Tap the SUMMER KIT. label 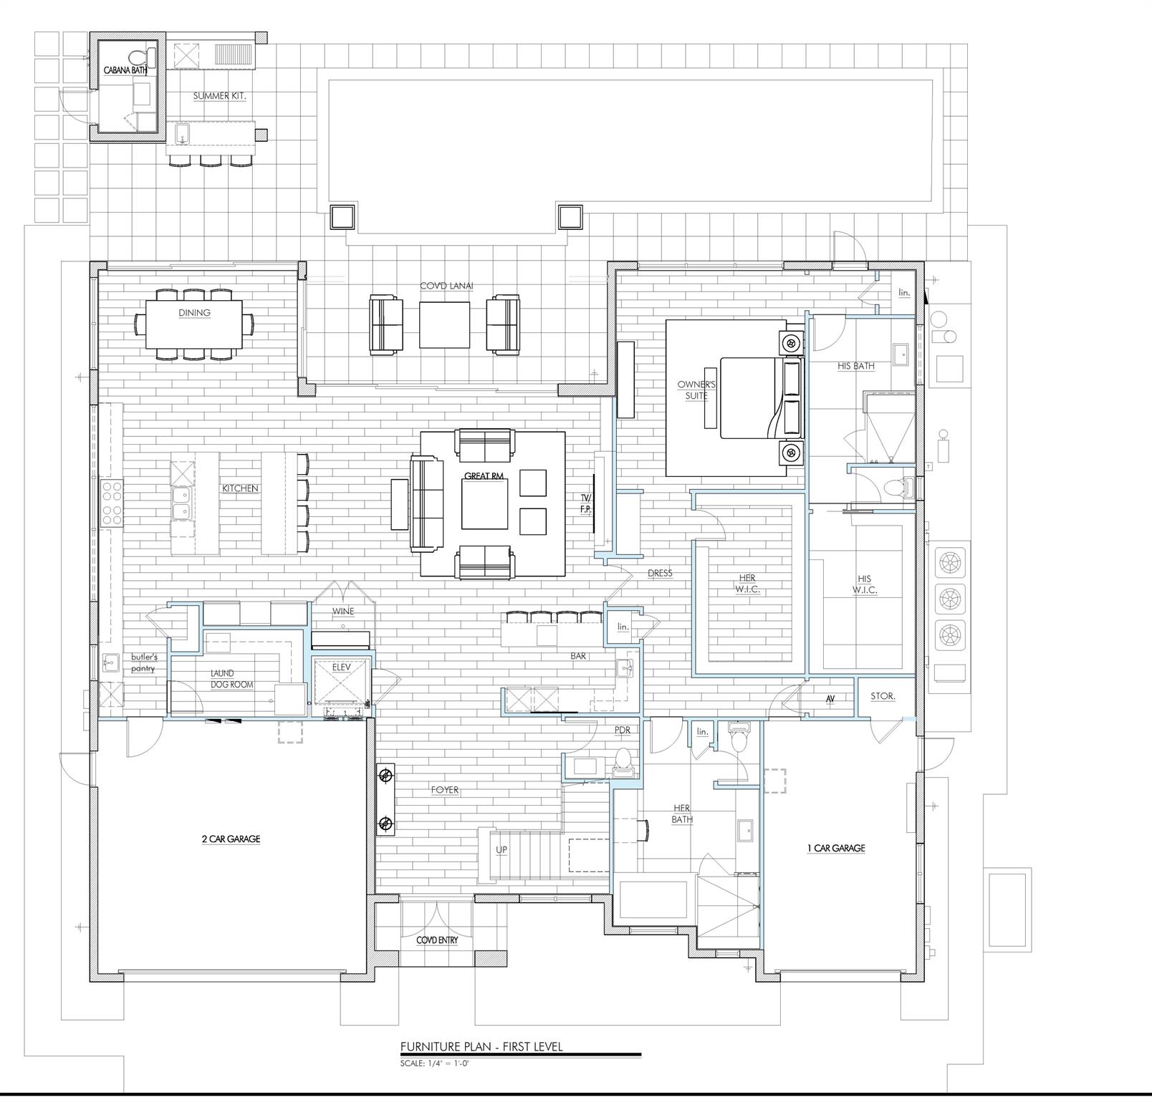coord(219,95)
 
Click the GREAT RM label coord(484,476)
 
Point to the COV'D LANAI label coord(446,286)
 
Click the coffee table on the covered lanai coord(444,324)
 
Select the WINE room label coord(342,612)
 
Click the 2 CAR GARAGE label coord(231,839)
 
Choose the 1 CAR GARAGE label coord(836,848)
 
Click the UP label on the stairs coord(501,849)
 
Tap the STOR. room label coord(882,696)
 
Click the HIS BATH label coord(856,366)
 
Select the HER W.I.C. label coord(747,583)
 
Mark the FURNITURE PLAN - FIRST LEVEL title coord(481,1047)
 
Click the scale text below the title coord(435,1063)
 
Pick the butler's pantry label coord(143,662)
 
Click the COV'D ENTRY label coord(437,940)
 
